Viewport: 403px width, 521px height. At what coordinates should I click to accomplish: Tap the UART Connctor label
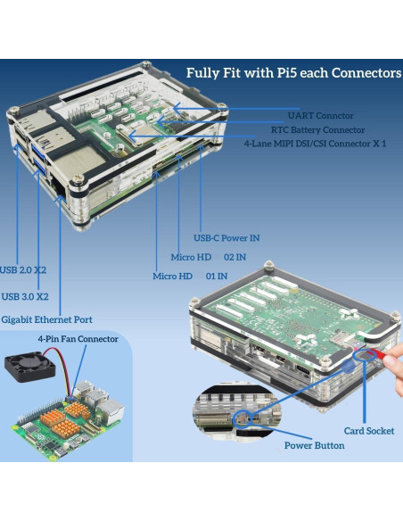321,115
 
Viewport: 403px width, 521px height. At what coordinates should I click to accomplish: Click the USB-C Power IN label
227,238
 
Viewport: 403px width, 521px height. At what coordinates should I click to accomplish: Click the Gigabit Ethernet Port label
46,319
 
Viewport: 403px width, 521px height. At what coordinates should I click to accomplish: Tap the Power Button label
314,445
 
